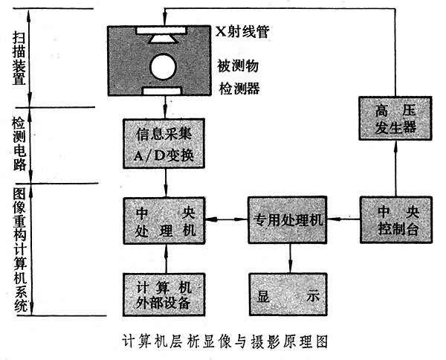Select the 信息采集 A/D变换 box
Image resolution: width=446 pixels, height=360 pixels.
pyautogui.click(x=163, y=142)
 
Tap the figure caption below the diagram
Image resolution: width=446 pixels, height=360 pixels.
pyautogui.click(x=224, y=343)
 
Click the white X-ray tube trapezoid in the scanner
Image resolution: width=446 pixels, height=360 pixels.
pyautogui.click(x=163, y=36)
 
